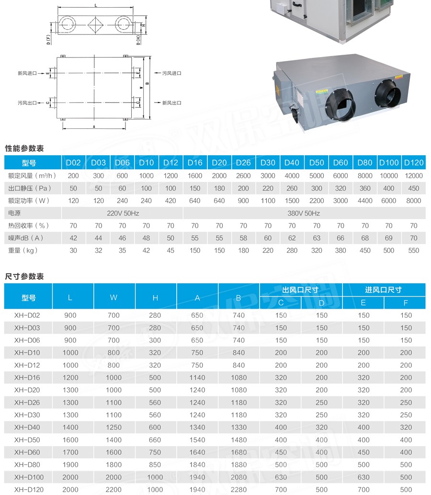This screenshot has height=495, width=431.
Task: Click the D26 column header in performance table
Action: (243, 163)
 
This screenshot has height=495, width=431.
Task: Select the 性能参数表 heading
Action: (24, 149)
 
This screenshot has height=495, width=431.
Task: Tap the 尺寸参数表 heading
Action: (24, 276)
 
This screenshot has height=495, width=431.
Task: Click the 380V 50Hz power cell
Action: (305, 213)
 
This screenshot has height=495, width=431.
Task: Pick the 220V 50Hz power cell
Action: (123, 213)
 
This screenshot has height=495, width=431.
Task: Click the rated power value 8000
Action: (414, 201)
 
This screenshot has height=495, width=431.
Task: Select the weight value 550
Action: (414, 250)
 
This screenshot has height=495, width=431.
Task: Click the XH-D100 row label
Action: (28, 477)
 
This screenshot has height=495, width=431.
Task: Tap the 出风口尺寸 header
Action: (301, 290)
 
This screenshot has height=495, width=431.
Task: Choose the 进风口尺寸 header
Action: (384, 290)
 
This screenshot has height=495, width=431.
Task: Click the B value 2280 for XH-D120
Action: (238, 490)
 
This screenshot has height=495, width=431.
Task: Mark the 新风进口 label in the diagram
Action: (27, 73)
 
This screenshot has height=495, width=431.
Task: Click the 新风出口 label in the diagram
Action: (171, 103)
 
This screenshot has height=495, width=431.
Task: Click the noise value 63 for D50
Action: (317, 238)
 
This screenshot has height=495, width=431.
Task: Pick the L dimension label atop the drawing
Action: (96, 6)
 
